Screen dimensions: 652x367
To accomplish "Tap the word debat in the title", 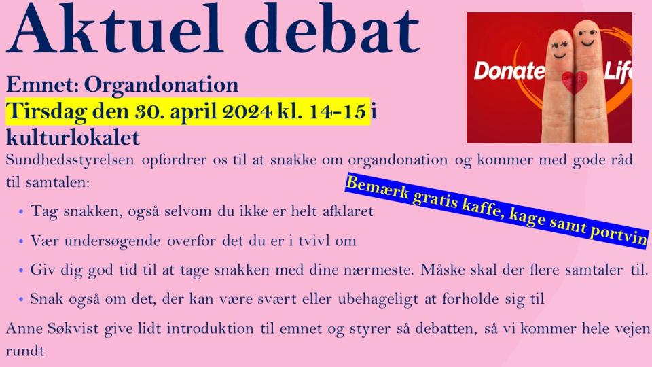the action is [x=332, y=29].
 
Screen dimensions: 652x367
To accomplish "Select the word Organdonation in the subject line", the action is [x=162, y=86].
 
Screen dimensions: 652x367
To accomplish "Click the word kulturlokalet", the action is [x=73, y=137].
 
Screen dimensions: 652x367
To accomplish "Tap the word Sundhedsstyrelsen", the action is [x=70, y=160].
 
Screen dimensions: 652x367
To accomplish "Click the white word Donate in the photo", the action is [x=509, y=71].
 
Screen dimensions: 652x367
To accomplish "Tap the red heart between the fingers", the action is [x=575, y=82].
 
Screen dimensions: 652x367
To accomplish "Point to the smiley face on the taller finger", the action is [x=587, y=37].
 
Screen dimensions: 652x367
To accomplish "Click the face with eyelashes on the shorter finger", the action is [x=559, y=49].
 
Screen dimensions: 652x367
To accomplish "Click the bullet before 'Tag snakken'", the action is [x=21, y=212].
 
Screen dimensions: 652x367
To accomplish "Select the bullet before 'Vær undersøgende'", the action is [x=21, y=241].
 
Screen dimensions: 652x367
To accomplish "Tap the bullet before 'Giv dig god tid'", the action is [x=21, y=270].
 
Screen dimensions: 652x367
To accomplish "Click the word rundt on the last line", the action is [x=25, y=351].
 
